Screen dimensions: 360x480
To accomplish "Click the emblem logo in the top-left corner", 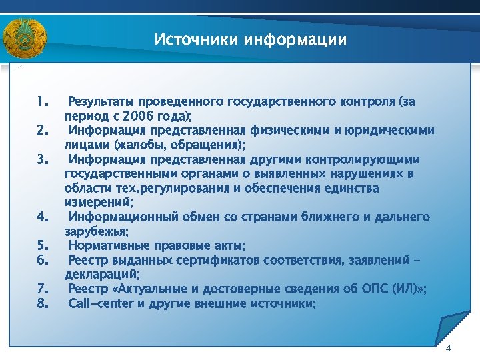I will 25,38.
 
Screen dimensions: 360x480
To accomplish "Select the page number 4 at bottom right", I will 448,349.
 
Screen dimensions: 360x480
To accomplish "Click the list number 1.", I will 43,102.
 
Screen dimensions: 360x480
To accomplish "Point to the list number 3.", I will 43,159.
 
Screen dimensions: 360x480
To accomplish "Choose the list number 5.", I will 43,245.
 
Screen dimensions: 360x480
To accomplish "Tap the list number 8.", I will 43,303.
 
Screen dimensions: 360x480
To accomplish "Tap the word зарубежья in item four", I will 96,231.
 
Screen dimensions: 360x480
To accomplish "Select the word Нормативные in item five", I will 109,245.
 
